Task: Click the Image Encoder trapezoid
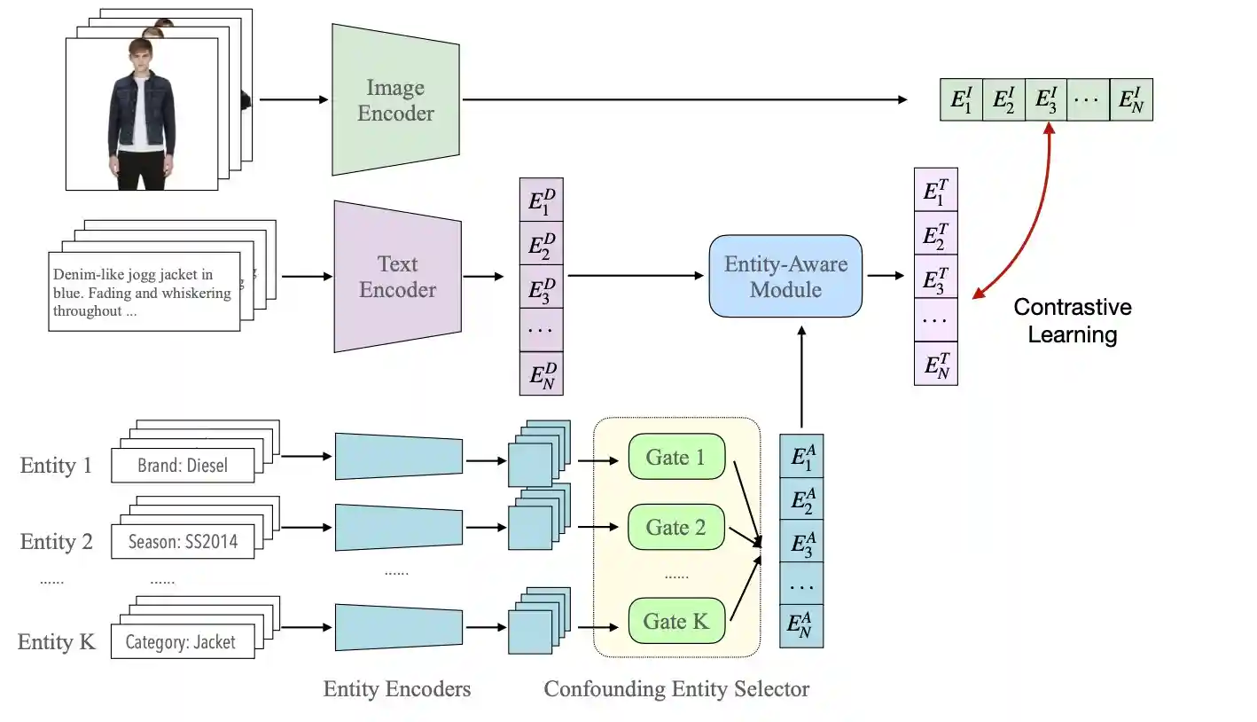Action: pyautogui.click(x=395, y=100)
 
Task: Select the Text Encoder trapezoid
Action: pyautogui.click(x=397, y=277)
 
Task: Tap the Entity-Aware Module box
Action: pyautogui.click(x=785, y=277)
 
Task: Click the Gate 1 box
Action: pyautogui.click(x=675, y=458)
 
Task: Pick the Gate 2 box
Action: pyautogui.click(x=675, y=528)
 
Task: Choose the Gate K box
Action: pyautogui.click(x=675, y=622)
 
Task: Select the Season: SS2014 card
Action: pyautogui.click(x=183, y=541)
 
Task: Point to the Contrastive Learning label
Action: pyautogui.click(x=1073, y=321)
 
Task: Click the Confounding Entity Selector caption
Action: pyautogui.click(x=676, y=689)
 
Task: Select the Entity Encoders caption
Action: pyautogui.click(x=397, y=689)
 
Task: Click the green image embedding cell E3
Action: pyautogui.click(x=1046, y=99)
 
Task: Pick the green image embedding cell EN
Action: pyautogui.click(x=1130, y=99)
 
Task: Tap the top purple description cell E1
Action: pyautogui.click(x=541, y=201)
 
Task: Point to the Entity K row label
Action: pyautogui.click(x=57, y=642)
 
